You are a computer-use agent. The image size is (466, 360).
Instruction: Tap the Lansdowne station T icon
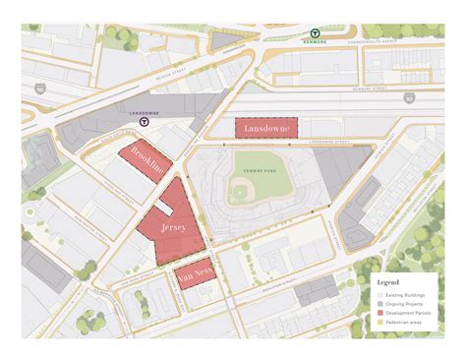click(145, 123)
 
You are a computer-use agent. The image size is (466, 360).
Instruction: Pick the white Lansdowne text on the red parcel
click(261, 129)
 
